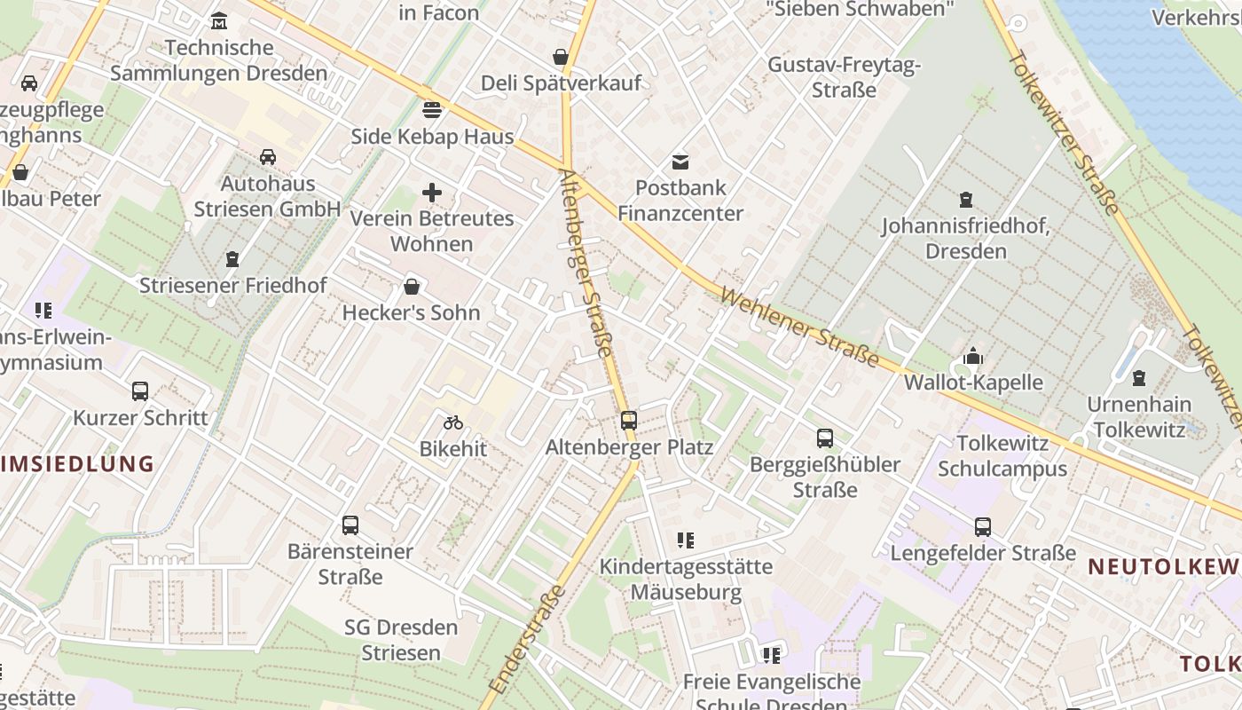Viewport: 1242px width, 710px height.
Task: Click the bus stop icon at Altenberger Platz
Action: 629,421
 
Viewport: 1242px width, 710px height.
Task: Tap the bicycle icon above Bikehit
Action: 453,422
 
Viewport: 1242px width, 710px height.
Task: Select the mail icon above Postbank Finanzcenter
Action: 680,162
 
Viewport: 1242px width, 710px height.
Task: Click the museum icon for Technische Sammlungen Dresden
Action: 219,20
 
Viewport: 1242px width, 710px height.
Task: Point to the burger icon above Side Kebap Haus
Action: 432,110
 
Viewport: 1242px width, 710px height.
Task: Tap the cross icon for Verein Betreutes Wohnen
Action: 432,192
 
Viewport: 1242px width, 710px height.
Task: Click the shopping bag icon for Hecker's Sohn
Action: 412,287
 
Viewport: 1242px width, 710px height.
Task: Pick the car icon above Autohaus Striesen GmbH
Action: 267,157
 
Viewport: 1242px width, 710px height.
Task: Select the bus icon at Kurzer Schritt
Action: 140,391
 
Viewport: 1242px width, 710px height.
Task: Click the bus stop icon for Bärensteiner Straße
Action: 350,525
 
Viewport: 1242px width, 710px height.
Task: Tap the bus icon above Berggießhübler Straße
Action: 825,438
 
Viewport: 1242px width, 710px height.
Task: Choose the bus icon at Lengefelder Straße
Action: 983,527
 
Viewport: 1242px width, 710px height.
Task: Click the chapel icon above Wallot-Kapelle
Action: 973,357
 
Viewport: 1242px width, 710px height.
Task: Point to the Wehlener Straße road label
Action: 799,327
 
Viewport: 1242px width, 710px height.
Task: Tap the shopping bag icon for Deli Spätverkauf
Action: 561,58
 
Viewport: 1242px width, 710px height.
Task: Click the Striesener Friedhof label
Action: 233,286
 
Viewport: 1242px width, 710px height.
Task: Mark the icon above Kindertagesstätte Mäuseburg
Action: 685,540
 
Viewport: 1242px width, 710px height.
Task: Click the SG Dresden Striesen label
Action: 401,640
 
